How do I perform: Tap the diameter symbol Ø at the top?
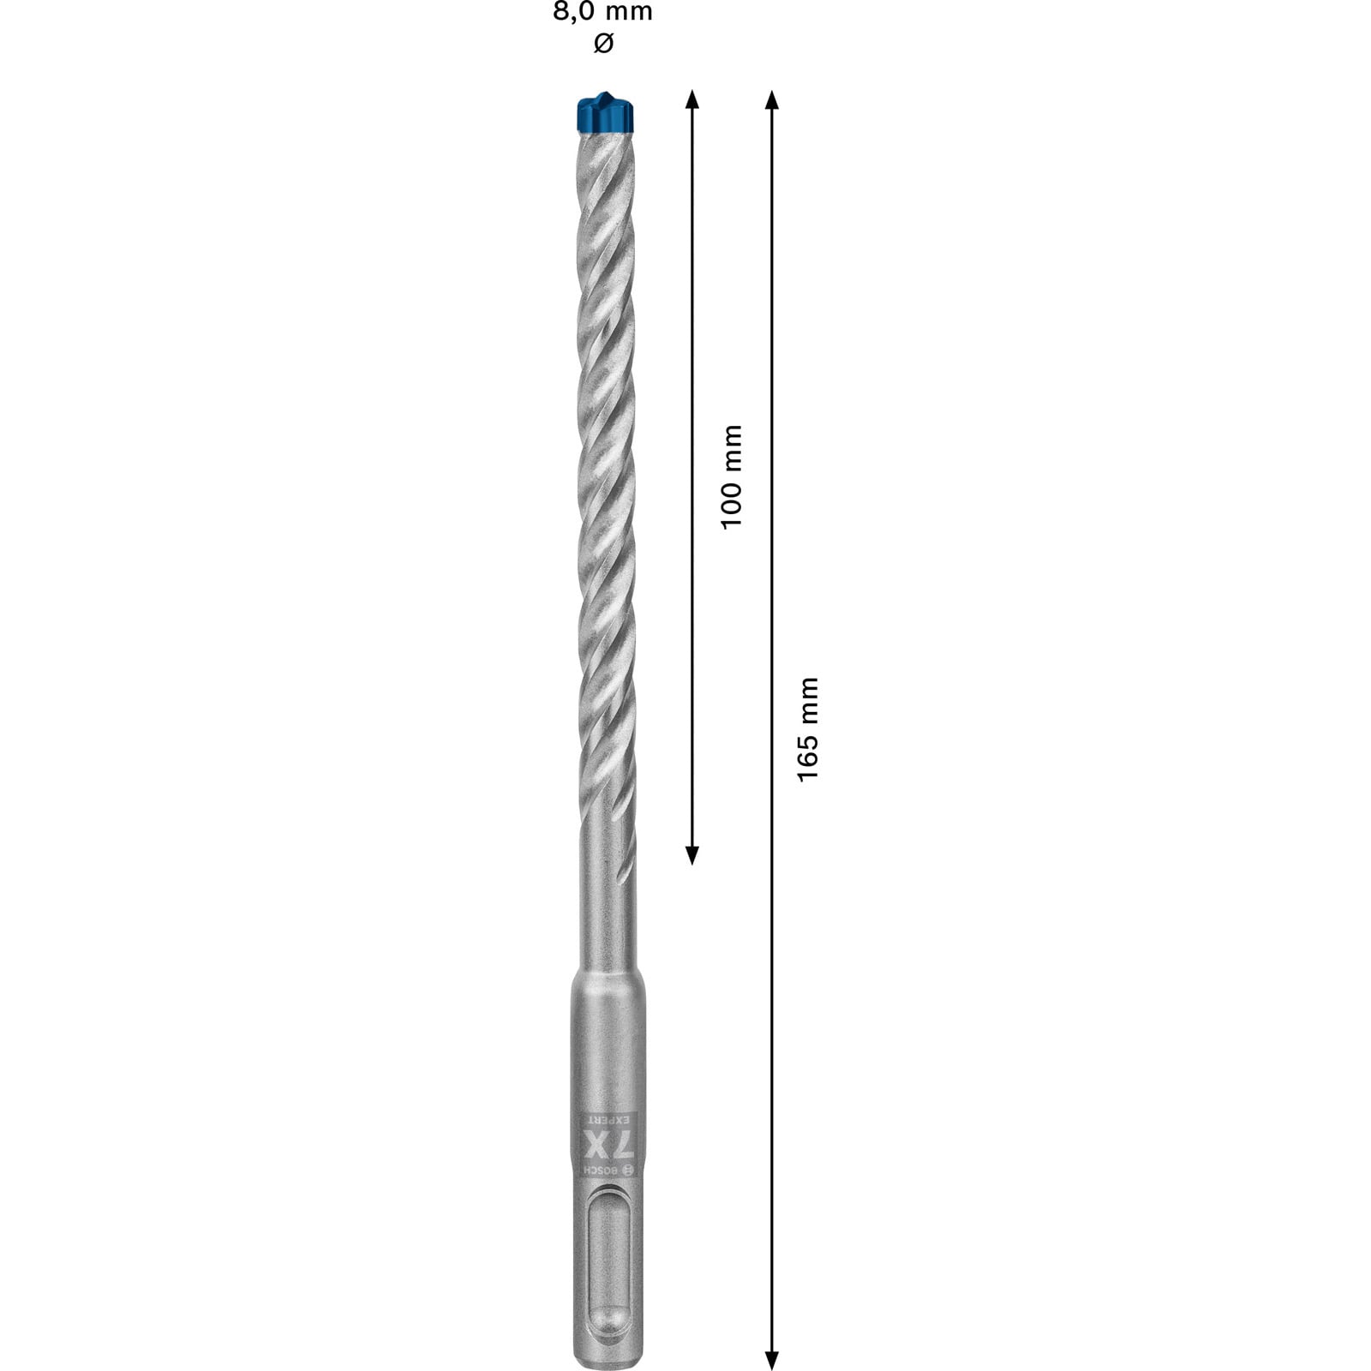[x=603, y=43]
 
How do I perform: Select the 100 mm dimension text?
[x=731, y=476]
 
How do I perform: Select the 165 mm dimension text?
[x=808, y=727]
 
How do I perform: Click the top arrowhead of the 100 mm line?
[x=692, y=99]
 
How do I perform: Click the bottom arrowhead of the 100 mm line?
[x=692, y=854]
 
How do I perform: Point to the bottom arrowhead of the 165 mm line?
[x=771, y=1360]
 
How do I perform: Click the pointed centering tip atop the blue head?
[x=608, y=93]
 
